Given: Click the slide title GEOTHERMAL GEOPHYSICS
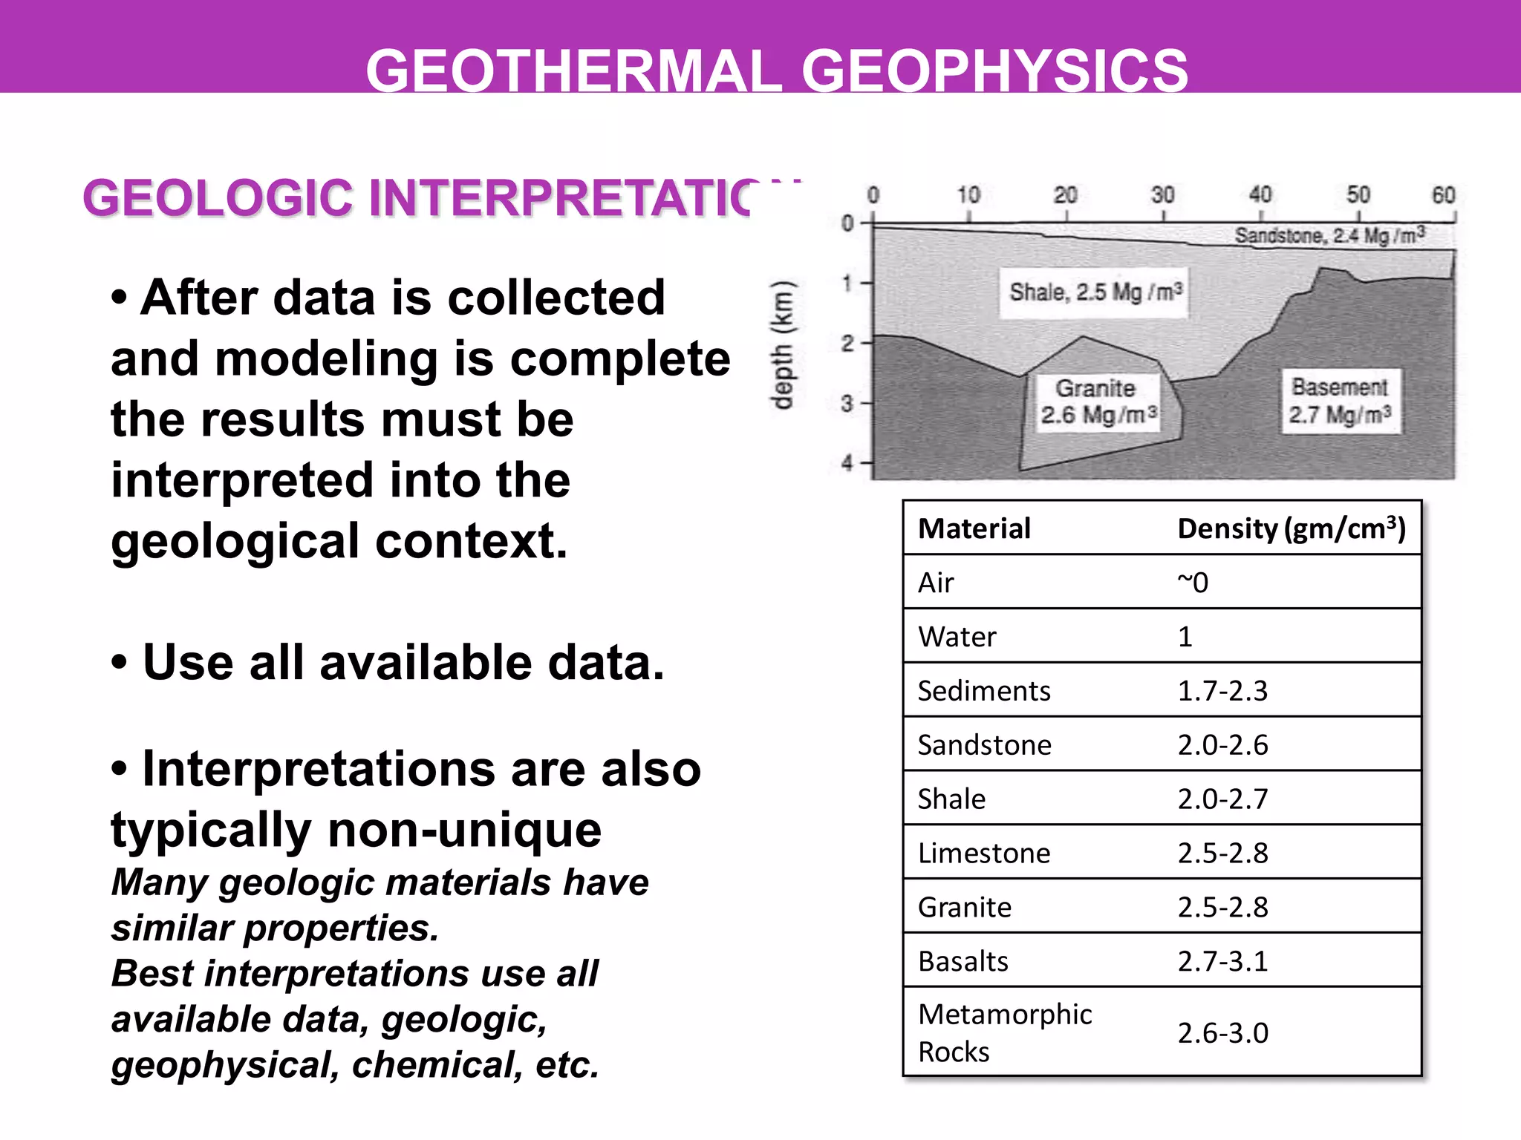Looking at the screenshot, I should tap(777, 71).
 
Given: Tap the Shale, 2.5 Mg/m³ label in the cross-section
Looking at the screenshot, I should tap(1095, 292).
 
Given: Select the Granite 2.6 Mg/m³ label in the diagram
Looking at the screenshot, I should tap(1098, 402).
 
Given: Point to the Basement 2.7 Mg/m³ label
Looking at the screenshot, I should tap(1341, 401).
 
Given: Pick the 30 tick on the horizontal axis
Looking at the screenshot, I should tap(1162, 196).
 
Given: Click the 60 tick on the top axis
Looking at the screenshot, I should tap(1443, 196).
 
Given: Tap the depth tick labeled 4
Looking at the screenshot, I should tap(847, 463).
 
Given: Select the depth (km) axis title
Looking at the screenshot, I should tap(783, 345).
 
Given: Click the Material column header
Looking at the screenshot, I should tap(974, 528).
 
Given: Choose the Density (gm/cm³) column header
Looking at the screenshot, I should tap(1292, 528).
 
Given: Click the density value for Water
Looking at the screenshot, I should tap(1185, 637).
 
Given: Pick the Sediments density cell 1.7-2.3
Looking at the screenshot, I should tap(1222, 691).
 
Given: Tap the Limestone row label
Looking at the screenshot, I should tap(984, 854).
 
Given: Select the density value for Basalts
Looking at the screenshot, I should tap(1222, 962).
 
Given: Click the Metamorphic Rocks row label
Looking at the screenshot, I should tap(1004, 1032).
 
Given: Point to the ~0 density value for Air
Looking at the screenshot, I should tap(1193, 583).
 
